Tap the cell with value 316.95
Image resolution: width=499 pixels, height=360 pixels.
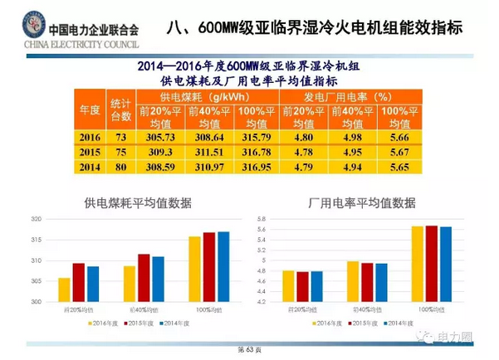tap(255, 168)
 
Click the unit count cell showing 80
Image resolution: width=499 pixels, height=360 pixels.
tap(121, 168)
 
